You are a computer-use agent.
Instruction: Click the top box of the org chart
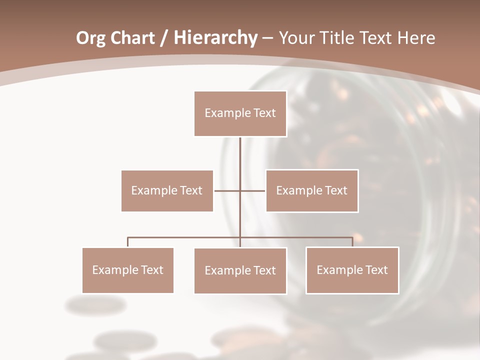(240, 113)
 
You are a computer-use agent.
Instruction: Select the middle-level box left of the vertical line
(167, 190)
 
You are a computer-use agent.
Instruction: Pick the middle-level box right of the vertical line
(311, 190)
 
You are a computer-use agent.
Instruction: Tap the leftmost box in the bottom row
(127, 270)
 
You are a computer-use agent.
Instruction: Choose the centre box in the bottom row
(240, 270)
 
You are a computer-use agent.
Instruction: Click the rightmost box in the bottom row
(352, 270)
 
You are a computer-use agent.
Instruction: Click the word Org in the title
(90, 38)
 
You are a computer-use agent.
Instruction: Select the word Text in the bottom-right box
(376, 270)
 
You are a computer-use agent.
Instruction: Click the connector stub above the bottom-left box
(127, 242)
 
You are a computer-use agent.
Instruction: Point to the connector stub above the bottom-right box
(352, 242)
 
